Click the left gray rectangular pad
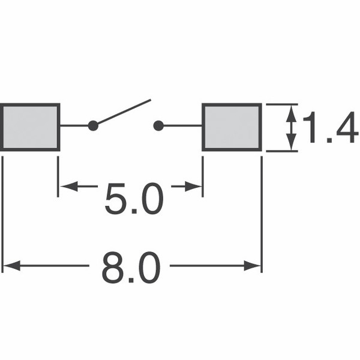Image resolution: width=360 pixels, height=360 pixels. [x=30, y=127]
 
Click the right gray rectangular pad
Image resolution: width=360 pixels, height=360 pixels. [x=232, y=127]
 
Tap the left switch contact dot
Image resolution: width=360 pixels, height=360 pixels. [x=93, y=126]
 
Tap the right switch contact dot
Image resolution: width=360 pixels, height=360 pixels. [x=158, y=126]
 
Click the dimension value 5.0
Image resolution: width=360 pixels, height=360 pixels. [x=134, y=199]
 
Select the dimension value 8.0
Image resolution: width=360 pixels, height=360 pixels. [x=131, y=268]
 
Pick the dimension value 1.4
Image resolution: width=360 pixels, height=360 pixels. [x=331, y=127]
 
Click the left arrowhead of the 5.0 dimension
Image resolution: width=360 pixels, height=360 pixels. [x=68, y=186]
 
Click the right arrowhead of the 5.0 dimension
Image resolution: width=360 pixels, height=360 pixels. [x=193, y=186]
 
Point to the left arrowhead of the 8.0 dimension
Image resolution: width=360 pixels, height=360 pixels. [x=11, y=266]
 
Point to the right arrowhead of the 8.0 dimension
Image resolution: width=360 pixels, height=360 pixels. [x=252, y=266]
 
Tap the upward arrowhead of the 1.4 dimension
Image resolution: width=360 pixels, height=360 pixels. [x=292, y=113]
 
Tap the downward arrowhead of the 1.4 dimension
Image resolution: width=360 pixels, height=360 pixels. [x=292, y=142]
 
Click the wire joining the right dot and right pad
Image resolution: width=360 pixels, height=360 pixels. [x=183, y=126]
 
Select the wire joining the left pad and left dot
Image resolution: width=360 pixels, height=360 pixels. [x=74, y=126]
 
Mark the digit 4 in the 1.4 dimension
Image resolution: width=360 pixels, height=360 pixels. [x=347, y=127]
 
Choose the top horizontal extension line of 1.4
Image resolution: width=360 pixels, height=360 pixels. [x=282, y=104]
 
